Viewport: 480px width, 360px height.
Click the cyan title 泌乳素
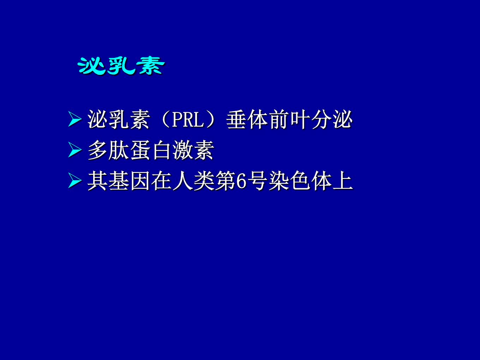click(x=121, y=66)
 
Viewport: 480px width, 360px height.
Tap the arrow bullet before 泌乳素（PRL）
click(x=74, y=119)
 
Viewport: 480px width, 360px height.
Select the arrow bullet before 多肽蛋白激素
click(x=74, y=150)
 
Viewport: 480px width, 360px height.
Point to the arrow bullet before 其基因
click(x=74, y=180)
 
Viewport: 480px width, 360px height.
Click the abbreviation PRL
click(x=188, y=120)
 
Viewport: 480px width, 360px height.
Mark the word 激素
click(x=193, y=150)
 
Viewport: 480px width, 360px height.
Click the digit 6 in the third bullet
click(x=241, y=181)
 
